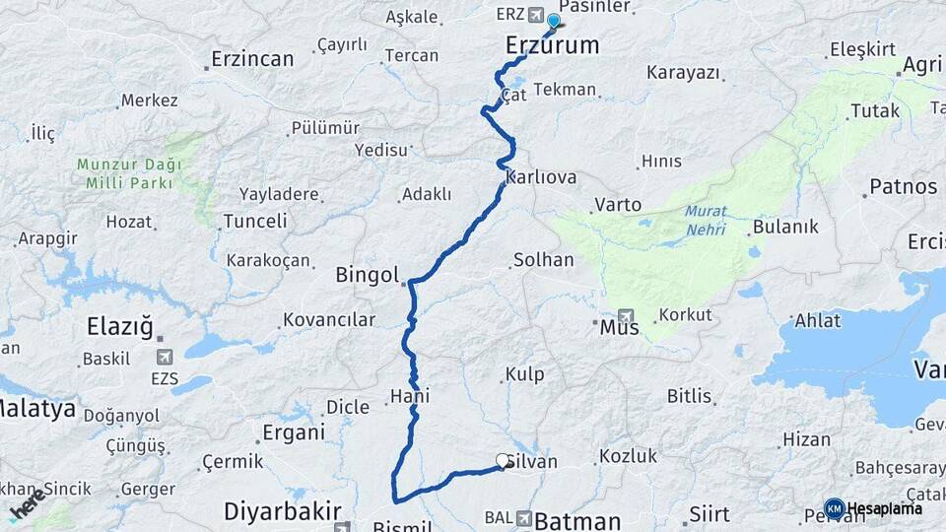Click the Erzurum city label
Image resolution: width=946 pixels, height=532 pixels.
[552, 45]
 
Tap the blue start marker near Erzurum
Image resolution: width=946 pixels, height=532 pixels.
[554, 22]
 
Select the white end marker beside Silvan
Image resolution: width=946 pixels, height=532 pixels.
[503, 460]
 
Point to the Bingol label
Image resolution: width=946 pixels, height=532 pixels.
[367, 275]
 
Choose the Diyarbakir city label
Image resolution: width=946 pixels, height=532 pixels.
[282, 511]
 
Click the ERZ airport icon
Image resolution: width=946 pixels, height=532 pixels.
[535, 15]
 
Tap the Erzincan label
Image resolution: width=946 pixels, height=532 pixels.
[251, 59]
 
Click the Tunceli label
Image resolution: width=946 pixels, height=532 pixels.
[255, 222]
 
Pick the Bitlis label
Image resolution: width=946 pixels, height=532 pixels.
[689, 396]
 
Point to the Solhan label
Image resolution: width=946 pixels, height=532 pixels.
[543, 261]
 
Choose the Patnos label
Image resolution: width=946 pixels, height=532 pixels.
[903, 186]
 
